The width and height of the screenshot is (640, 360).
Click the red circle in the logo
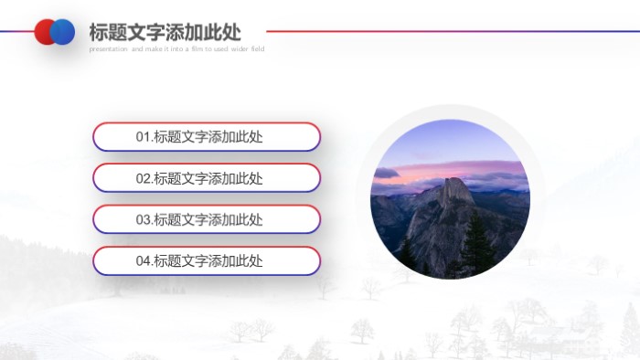43,32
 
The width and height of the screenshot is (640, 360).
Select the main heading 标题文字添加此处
165,32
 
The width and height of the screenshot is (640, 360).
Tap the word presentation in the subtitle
109,49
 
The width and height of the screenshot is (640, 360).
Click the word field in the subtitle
256,49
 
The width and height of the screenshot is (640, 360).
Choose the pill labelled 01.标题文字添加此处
207,137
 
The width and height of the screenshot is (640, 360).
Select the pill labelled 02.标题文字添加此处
207,178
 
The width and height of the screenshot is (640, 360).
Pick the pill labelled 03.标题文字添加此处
207,219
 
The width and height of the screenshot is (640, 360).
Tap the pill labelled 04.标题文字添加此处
207,260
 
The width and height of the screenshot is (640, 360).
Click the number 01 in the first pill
144,137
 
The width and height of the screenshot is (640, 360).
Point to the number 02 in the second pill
144,178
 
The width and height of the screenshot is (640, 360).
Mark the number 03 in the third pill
144,219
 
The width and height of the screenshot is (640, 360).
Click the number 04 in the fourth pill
144,260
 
